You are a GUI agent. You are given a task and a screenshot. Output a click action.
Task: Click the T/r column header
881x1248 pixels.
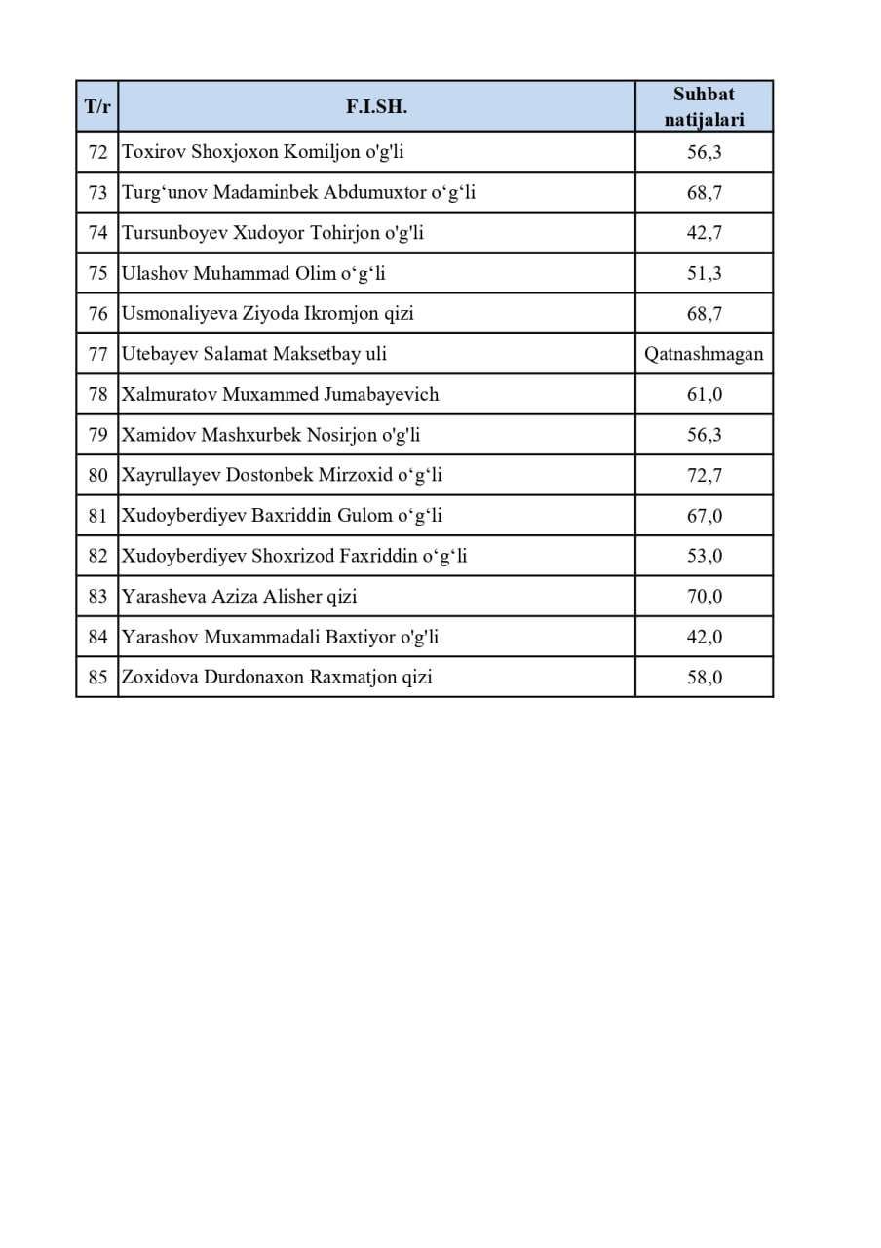(97, 106)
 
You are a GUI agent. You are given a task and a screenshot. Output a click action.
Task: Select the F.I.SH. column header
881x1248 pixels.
(376, 106)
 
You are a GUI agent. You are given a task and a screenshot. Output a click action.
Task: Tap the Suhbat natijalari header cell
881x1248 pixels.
(704, 106)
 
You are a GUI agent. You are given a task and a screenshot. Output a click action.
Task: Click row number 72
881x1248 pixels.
(97, 152)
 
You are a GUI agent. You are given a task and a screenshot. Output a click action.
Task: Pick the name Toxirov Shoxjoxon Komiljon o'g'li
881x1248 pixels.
(262, 152)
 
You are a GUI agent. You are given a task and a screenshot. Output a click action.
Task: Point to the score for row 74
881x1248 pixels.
(704, 233)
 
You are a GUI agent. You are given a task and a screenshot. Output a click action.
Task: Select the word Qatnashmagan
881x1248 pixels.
(704, 354)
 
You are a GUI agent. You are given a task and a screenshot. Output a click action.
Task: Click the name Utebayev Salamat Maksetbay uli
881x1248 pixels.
(253, 354)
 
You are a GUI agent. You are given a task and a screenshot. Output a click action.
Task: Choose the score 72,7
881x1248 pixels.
(704, 475)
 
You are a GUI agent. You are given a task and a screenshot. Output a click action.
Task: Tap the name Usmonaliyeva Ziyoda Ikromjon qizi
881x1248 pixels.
(267, 314)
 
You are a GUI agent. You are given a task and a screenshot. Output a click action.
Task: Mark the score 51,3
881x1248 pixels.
(704, 274)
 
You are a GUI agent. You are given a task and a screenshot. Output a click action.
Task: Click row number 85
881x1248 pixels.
(97, 677)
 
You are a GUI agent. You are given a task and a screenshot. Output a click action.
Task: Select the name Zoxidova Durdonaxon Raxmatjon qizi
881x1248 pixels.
(276, 677)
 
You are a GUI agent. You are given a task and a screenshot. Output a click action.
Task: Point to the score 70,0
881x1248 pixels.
(704, 596)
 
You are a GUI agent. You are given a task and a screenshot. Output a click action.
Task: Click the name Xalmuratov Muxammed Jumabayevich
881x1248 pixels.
(280, 394)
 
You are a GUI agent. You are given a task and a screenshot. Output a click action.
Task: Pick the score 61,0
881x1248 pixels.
(704, 394)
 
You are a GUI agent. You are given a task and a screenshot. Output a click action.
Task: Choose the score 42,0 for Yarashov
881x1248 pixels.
(704, 637)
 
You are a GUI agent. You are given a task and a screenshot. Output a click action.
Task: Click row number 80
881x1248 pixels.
(97, 475)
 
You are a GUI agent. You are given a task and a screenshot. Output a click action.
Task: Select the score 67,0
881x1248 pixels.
(704, 516)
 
